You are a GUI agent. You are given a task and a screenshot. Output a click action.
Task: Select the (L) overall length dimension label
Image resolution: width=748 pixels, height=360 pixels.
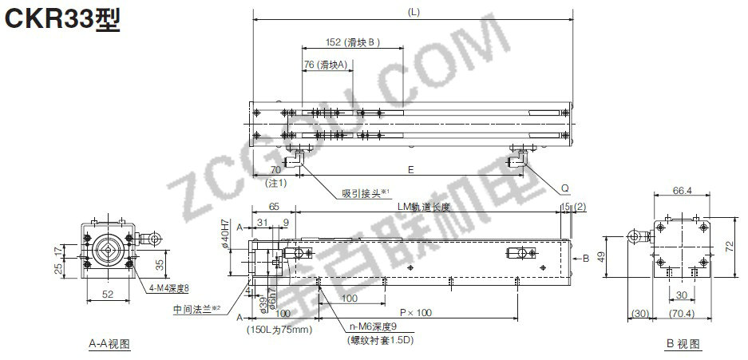click(413, 11)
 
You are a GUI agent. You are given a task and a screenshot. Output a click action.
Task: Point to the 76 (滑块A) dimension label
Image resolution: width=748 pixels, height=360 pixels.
click(326, 65)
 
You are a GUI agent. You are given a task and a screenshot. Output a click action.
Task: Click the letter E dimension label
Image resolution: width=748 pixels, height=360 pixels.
click(410, 169)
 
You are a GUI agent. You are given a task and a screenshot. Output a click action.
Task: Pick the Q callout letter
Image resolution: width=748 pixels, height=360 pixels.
click(564, 188)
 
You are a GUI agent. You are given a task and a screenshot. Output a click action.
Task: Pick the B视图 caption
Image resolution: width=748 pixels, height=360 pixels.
click(683, 344)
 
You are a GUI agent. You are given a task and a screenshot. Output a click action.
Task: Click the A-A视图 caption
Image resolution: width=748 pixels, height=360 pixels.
click(109, 344)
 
